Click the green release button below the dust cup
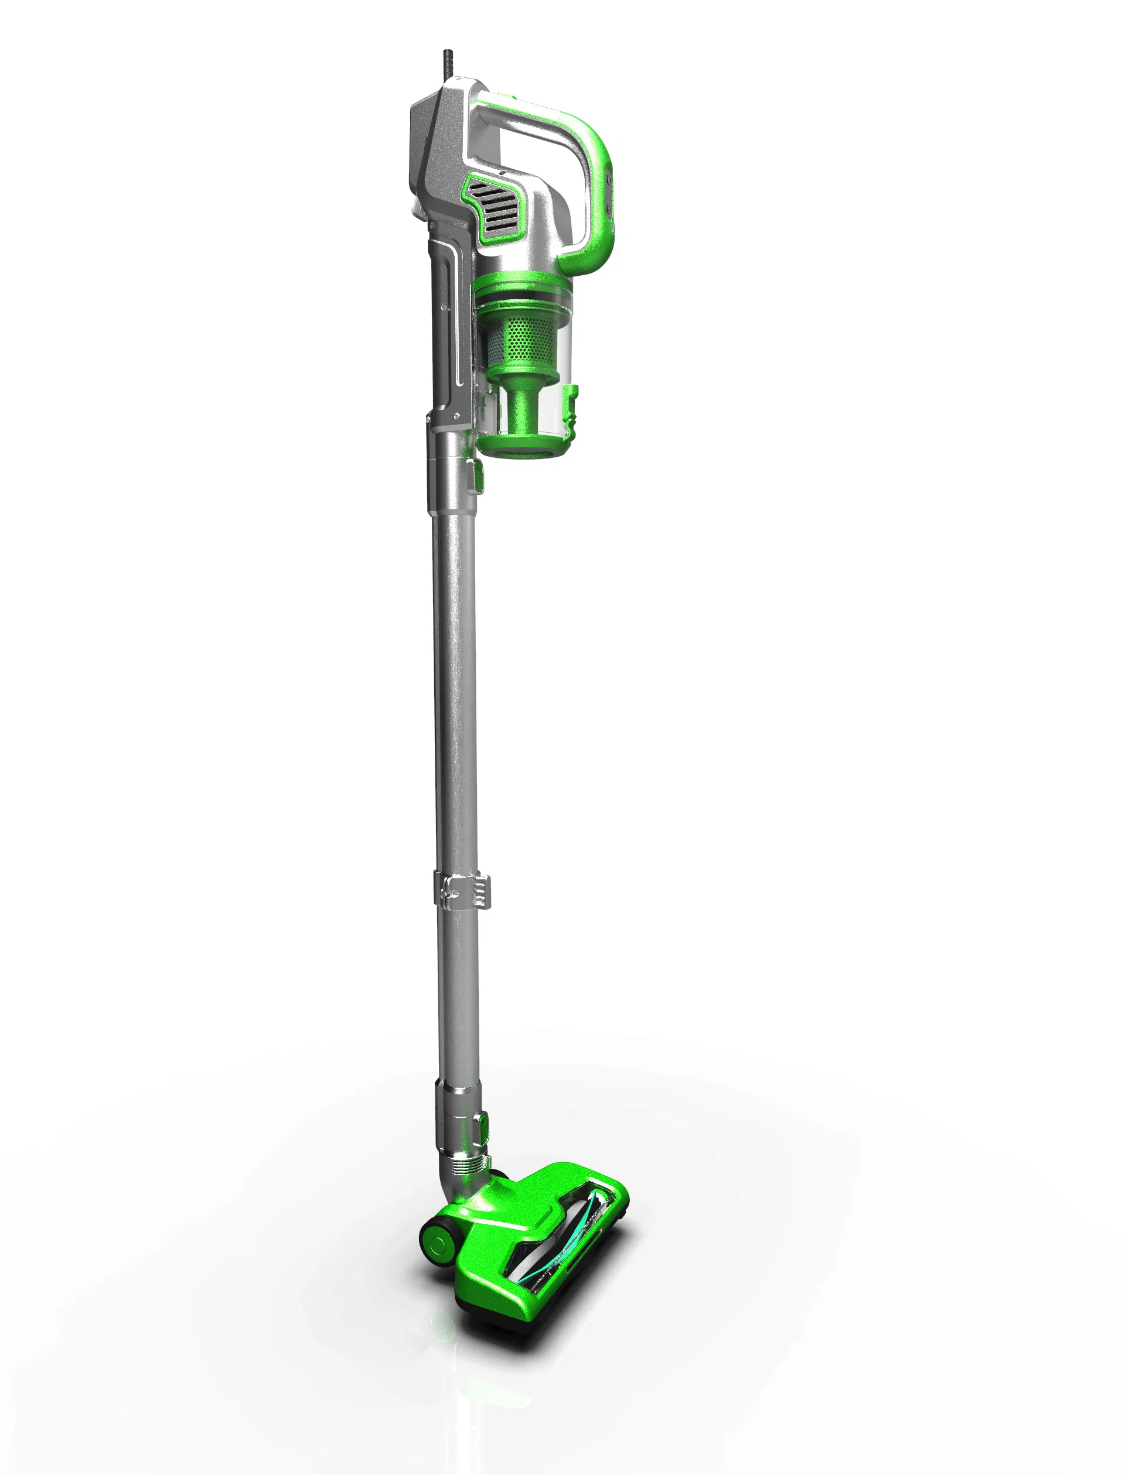[x=479, y=477]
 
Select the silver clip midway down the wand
[x=462, y=890]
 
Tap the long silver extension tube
[x=455, y=669]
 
